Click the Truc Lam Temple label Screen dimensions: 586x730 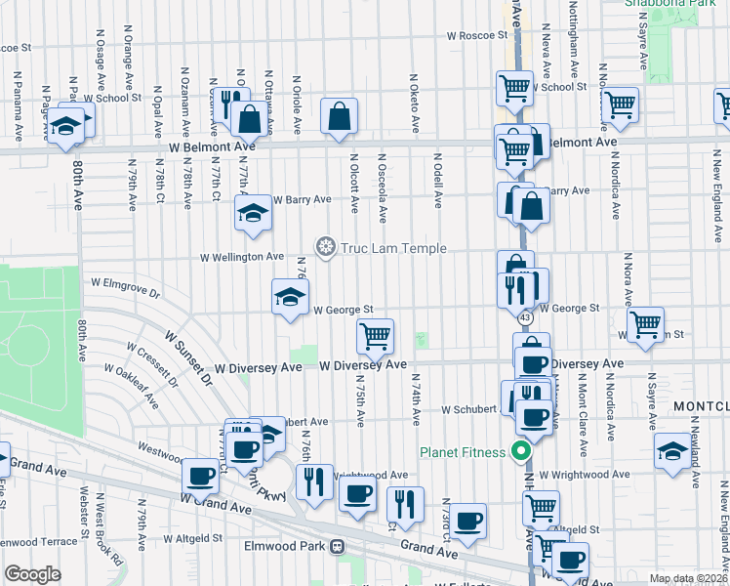coord(393,249)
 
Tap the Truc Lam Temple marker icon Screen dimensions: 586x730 coord(325,245)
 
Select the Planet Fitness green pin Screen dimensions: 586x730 coord(521,452)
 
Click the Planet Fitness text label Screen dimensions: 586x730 coord(463,452)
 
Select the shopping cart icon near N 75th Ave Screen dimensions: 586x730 coord(375,336)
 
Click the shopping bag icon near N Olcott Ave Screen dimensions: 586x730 coord(338,117)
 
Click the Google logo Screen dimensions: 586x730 coord(32,574)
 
